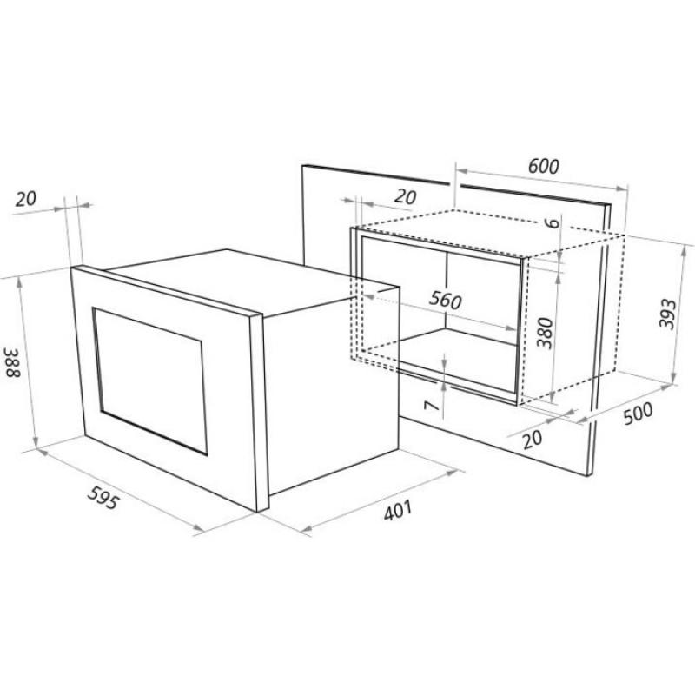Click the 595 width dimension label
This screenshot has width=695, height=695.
103,498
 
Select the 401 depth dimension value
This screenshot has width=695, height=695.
398,510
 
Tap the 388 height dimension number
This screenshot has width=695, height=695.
12,362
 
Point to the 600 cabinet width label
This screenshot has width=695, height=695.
544,166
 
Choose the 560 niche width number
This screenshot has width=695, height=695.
445,301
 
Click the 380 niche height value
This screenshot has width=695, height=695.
546,333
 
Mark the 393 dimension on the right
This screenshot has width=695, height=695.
667,314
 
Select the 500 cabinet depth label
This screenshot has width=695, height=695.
638,414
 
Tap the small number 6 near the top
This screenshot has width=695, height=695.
553,222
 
